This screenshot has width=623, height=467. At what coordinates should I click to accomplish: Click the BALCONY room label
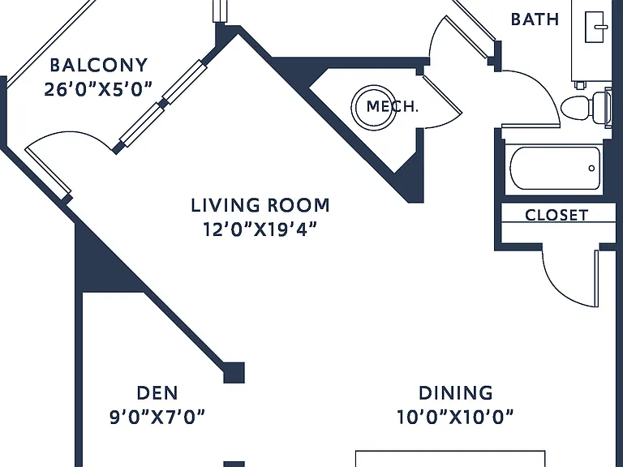[98, 65]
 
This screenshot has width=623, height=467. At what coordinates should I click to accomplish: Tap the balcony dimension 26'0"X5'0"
[98, 90]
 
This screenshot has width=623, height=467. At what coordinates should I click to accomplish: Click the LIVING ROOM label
[260, 205]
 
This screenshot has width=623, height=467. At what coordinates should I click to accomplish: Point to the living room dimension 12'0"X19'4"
[260, 229]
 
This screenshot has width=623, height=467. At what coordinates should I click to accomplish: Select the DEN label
[157, 393]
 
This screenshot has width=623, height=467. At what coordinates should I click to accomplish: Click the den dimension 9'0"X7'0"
[157, 417]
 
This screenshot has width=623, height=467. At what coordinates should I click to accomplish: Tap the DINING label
[456, 393]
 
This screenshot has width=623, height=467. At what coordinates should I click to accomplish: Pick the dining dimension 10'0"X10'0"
[455, 417]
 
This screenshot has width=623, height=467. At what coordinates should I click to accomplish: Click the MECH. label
[392, 106]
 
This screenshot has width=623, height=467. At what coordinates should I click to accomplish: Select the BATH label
[535, 19]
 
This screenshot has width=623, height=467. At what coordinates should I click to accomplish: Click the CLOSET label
[556, 215]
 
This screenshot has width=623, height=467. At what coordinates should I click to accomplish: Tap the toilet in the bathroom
[585, 107]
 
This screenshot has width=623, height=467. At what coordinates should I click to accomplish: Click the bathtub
[555, 169]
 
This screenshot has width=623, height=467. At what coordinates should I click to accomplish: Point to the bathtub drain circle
[591, 169]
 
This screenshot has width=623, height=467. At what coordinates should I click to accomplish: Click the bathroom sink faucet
[601, 27]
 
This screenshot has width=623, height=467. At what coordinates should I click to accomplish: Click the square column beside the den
[234, 373]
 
